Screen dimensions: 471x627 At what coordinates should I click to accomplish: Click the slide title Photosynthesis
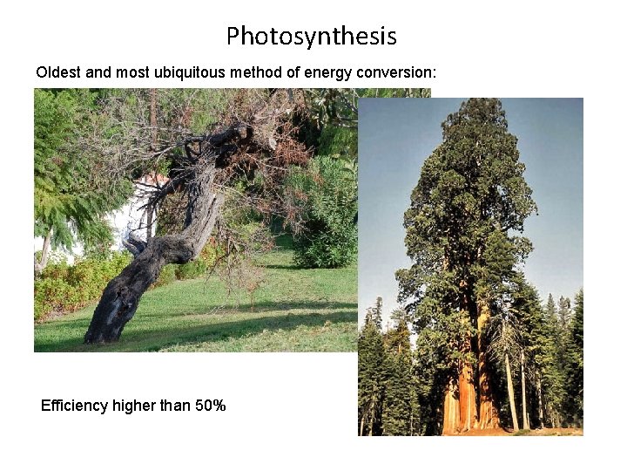[x=312, y=37]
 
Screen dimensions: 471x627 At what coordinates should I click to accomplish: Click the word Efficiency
[x=75, y=406]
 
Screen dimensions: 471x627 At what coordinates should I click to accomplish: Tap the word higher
[x=133, y=406]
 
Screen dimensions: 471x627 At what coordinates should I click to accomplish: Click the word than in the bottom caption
[x=174, y=406]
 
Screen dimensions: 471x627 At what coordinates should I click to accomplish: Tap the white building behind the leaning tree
[x=131, y=218]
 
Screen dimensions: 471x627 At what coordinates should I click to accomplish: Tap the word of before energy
[x=293, y=72]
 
